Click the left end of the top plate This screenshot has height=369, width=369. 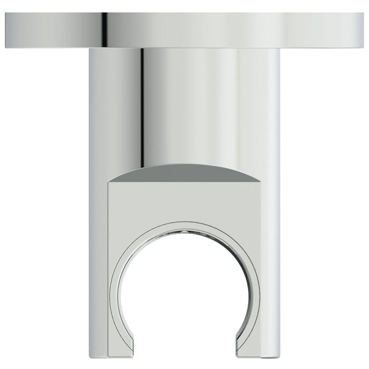coord(7,31)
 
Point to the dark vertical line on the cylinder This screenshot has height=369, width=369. coord(142,105)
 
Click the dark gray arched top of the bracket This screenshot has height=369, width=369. coord(184,173)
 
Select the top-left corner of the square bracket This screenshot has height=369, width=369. coord(109,182)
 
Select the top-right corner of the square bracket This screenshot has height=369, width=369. coord(260,182)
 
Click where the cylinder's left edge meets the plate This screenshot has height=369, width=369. coord(90,49)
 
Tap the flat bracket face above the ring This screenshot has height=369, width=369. coord(184,203)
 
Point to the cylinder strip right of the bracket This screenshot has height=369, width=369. coord(270,264)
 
